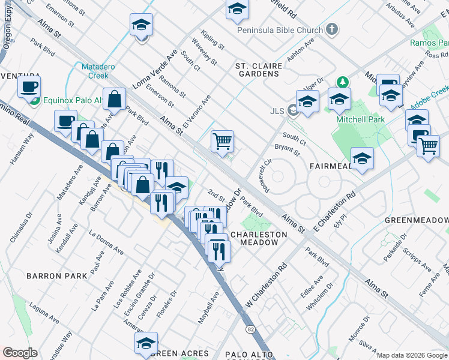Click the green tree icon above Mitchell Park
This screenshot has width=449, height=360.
pos(343,82)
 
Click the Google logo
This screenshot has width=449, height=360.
pos(20,353)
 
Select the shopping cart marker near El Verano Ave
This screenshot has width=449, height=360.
pos(222,142)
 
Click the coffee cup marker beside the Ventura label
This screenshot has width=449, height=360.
pos(29,87)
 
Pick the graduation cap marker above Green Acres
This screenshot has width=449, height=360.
pos(146,343)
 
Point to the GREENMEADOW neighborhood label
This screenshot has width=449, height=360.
pos(416,220)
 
